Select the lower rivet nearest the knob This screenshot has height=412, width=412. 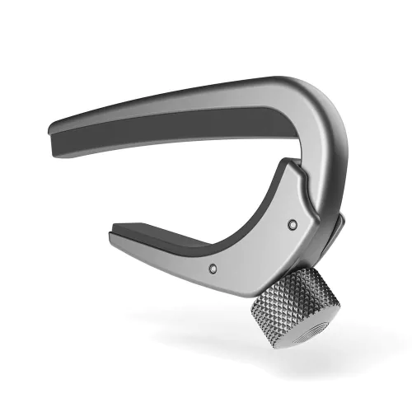tap(213, 267)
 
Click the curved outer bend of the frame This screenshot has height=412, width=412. tap(325, 124)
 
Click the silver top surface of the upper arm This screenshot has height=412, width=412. tap(206, 97)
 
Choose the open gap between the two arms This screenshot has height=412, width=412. tap(206, 177)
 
